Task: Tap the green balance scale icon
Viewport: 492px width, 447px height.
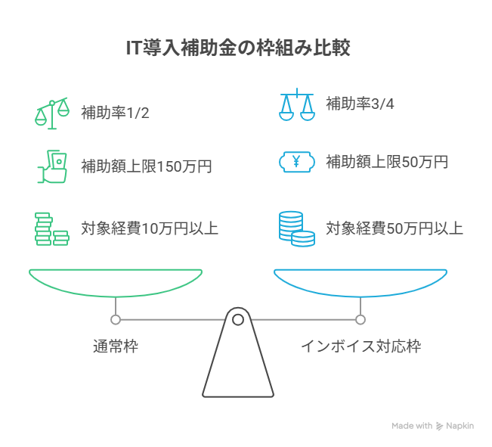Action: coord(51,111)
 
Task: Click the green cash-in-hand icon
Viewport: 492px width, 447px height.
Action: coord(51,166)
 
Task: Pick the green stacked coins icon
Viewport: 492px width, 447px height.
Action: coord(51,228)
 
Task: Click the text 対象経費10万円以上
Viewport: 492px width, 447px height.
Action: coord(150,228)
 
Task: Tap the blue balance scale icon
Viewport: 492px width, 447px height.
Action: coord(296,104)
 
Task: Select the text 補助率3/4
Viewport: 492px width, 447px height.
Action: coord(360,104)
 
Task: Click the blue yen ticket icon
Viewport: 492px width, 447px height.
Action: coord(296,161)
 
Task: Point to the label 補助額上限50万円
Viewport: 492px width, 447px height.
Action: coord(387,161)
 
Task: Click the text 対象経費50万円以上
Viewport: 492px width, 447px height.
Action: coord(394,228)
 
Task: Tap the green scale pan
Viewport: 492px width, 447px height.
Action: coord(116,281)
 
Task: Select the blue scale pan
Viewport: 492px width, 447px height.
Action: coord(360,281)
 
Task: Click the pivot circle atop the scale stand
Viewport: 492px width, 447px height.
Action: coord(237,319)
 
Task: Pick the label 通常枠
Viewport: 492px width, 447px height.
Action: coord(116,347)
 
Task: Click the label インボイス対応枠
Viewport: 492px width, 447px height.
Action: coord(360,347)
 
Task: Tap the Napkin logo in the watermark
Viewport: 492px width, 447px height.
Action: coord(439,426)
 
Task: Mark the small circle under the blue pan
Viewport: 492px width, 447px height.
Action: coord(360,319)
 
